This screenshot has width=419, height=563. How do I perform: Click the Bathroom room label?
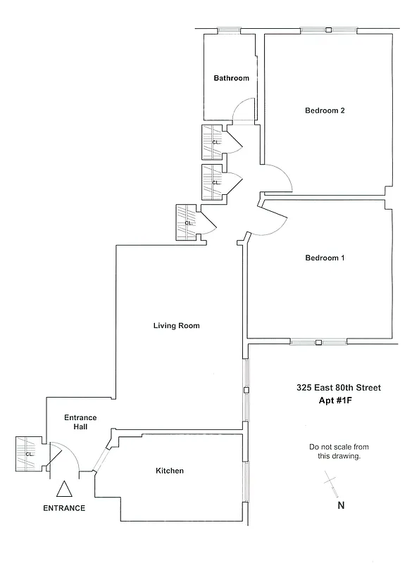[232, 78]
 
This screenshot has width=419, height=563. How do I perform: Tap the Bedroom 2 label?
[325, 110]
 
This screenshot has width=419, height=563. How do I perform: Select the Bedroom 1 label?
[325, 258]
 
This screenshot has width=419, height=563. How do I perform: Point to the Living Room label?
[177, 326]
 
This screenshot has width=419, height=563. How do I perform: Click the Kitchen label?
[170, 471]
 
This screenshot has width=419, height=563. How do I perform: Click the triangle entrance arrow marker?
[64, 489]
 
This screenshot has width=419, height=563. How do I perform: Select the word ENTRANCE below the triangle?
[64, 508]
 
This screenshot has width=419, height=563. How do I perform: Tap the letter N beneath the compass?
[341, 505]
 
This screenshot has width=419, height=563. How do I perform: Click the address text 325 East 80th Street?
[339, 387]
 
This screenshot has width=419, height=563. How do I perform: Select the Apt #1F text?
[339, 401]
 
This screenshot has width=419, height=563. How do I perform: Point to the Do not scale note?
[339, 451]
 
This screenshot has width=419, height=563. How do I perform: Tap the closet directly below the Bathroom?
[213, 141]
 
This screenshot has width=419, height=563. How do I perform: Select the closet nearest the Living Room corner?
[187, 222]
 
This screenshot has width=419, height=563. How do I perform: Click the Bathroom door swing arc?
[244, 109]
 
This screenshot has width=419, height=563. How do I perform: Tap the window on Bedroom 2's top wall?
[328, 30]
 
